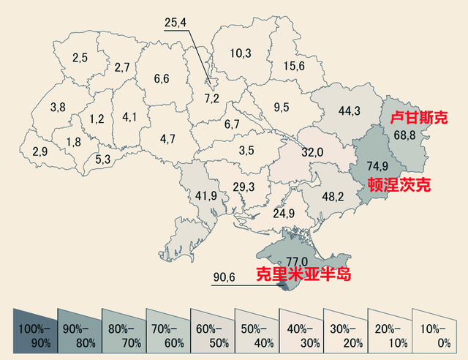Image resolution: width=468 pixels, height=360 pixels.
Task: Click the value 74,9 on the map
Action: coord(376,165)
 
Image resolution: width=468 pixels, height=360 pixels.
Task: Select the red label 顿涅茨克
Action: coord(398,184)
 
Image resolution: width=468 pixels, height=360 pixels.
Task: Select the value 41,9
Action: coord(202,196)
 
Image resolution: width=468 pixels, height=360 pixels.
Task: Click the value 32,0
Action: coord(313,152)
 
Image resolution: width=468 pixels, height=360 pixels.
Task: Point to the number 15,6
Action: coord(294,66)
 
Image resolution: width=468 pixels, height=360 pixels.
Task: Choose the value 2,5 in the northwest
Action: coord(80,57)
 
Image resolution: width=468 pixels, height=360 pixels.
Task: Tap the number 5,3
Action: coord(103,159)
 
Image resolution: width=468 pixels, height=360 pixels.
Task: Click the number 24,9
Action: coord(284,214)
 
